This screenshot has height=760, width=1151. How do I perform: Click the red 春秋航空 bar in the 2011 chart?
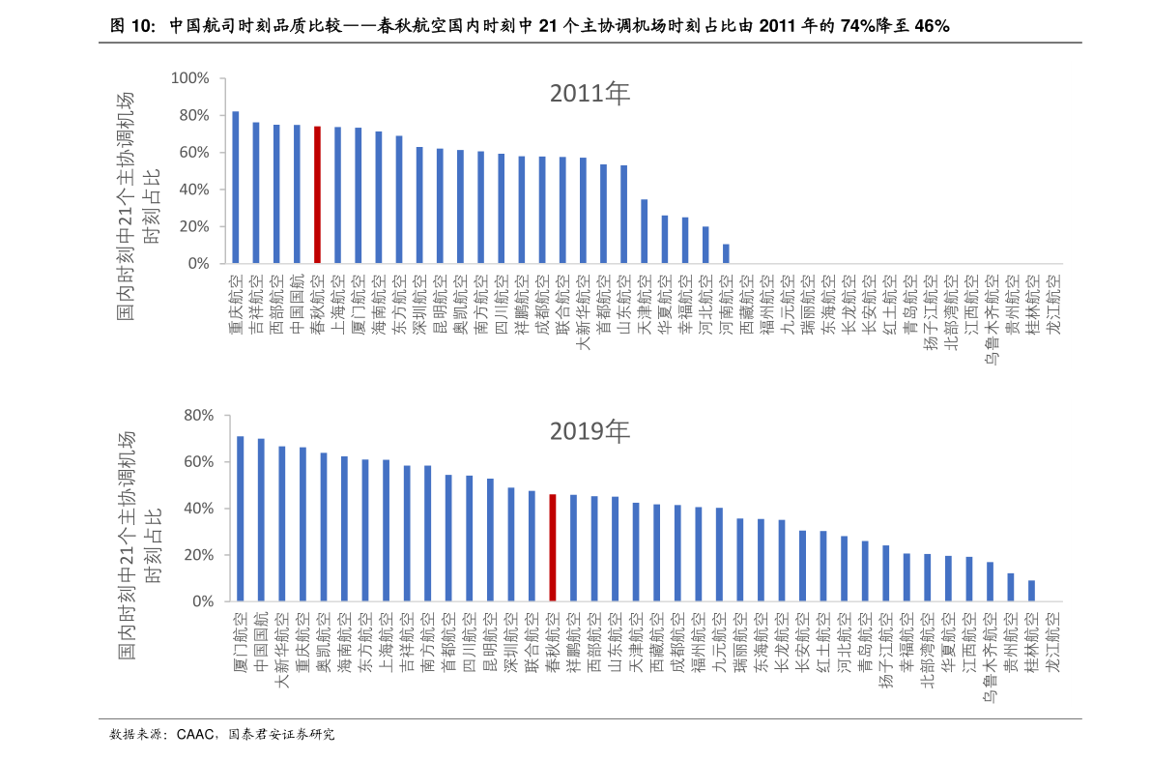(x=317, y=194)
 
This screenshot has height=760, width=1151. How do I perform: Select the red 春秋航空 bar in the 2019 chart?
(x=552, y=547)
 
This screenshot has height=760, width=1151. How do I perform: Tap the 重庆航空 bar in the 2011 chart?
(x=236, y=188)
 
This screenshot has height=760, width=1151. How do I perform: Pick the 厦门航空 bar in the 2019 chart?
(x=241, y=518)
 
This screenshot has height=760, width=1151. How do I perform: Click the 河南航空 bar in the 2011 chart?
(x=726, y=253)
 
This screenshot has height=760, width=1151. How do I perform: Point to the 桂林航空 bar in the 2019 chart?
(x=1031, y=591)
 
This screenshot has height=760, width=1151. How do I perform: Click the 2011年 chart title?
(x=590, y=94)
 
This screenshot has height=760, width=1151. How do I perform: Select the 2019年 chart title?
(x=590, y=431)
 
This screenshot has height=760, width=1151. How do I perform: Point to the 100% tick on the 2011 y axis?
(x=189, y=78)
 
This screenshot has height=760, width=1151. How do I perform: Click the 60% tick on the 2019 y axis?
(x=197, y=462)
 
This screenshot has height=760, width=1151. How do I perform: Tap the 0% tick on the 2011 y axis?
(x=197, y=263)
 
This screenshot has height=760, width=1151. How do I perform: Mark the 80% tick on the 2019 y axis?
(x=197, y=416)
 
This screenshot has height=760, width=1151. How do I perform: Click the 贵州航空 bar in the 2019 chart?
(x=1011, y=587)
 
